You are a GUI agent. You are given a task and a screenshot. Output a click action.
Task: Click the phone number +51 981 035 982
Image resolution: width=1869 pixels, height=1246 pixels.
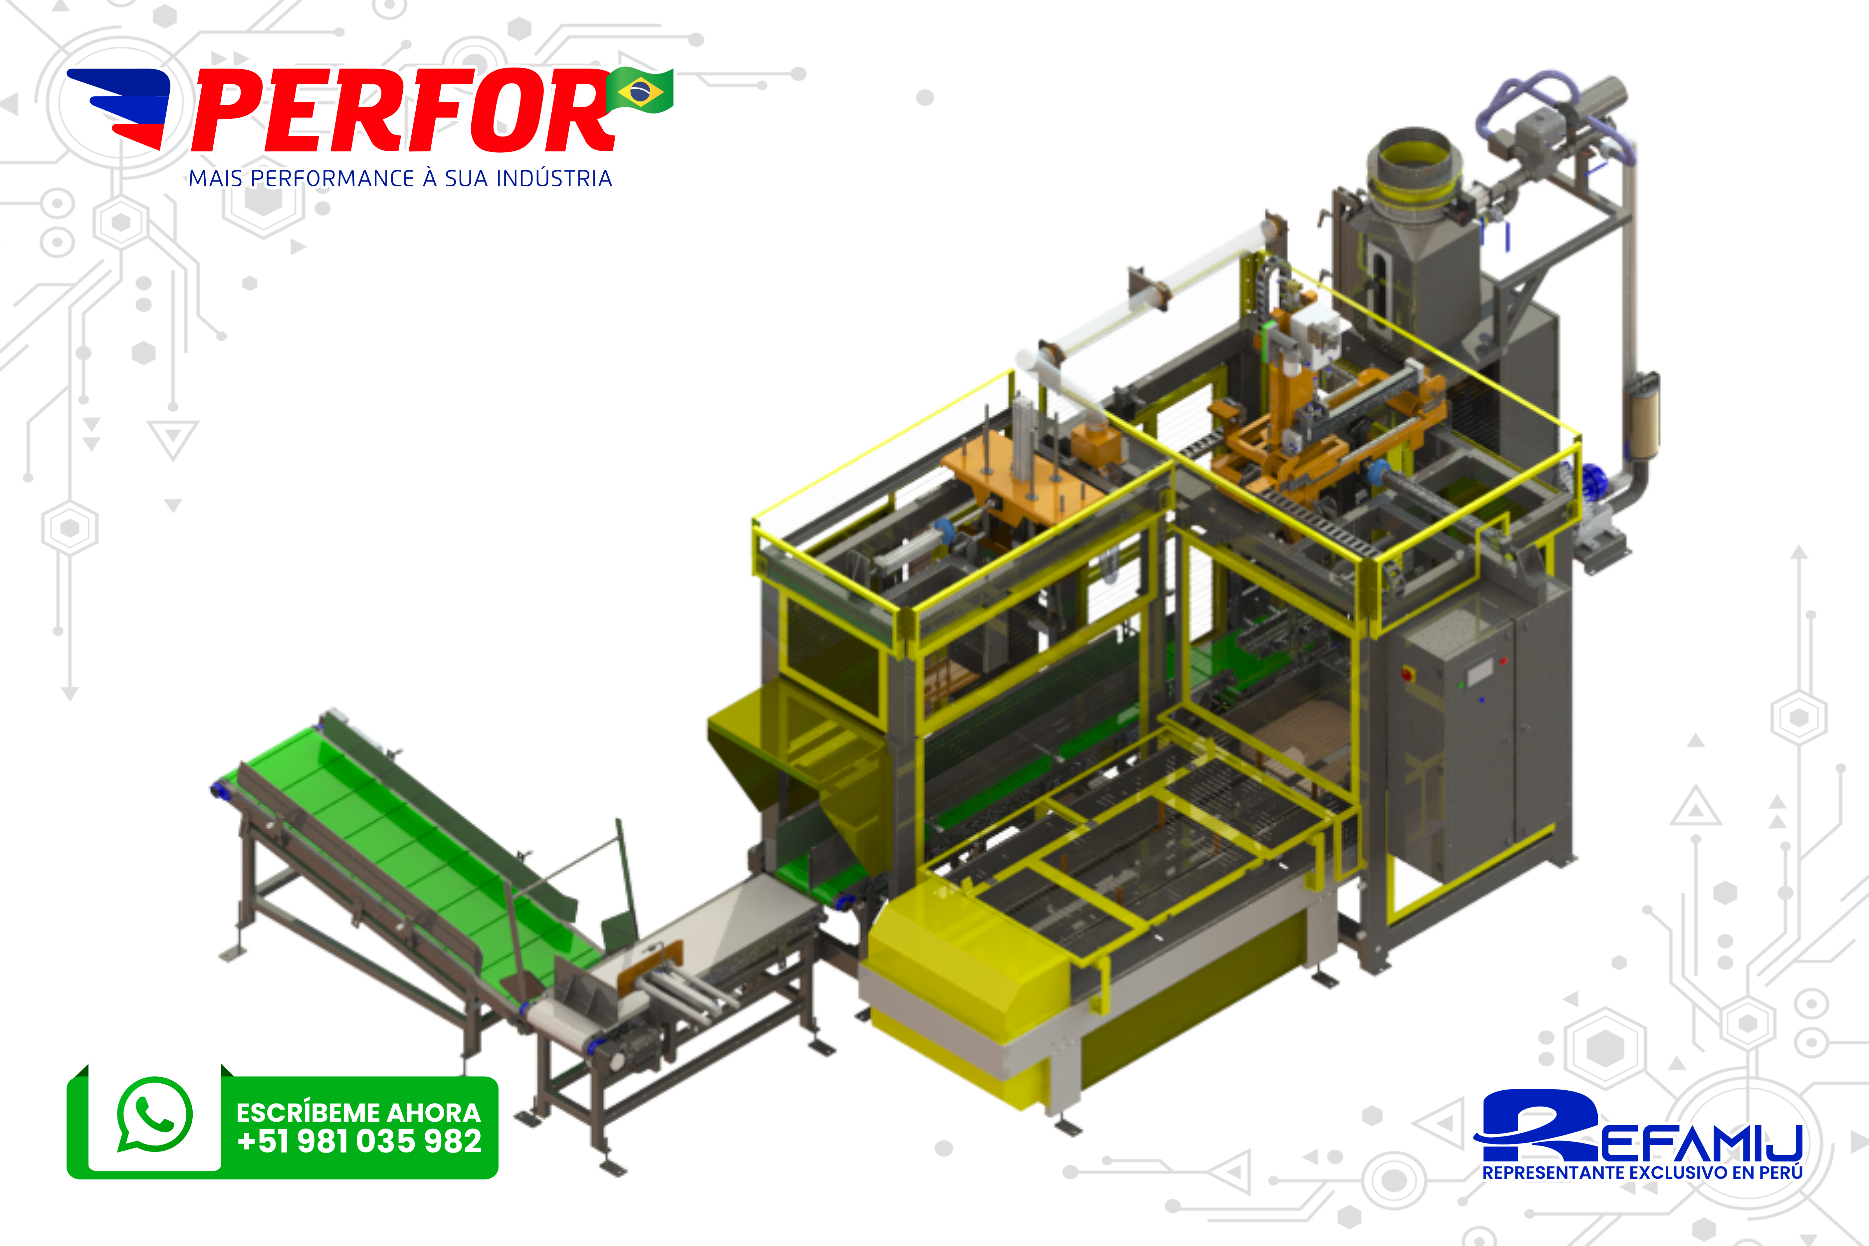click(359, 1142)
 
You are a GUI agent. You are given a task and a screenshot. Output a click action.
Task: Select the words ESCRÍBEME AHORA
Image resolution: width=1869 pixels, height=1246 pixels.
click(358, 1113)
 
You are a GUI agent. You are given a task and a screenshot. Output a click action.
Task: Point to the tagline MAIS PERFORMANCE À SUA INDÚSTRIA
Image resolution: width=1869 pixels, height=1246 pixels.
click(400, 179)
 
